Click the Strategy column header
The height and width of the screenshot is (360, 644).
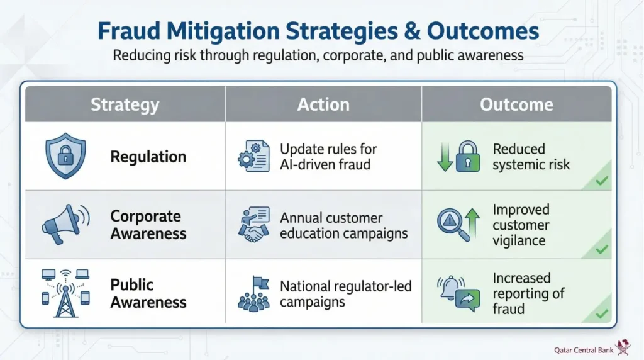[x=125, y=104]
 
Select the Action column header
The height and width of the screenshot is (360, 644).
[x=323, y=104]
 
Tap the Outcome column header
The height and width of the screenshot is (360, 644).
[x=516, y=104]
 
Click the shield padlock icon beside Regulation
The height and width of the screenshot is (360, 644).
[x=65, y=157]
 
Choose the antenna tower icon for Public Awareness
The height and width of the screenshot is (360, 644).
[x=65, y=293]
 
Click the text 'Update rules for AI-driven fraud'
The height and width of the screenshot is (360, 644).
[x=328, y=157]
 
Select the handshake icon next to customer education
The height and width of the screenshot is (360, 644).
[x=254, y=225]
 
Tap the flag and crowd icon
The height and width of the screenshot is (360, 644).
[x=254, y=293]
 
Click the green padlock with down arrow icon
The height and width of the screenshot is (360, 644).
[x=454, y=157]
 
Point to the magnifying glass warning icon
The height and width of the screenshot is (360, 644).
[x=454, y=225]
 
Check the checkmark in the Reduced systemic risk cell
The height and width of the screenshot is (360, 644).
[x=602, y=181]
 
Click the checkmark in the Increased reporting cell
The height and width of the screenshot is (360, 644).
[x=602, y=313]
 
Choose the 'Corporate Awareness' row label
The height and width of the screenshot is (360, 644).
[x=148, y=225]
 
